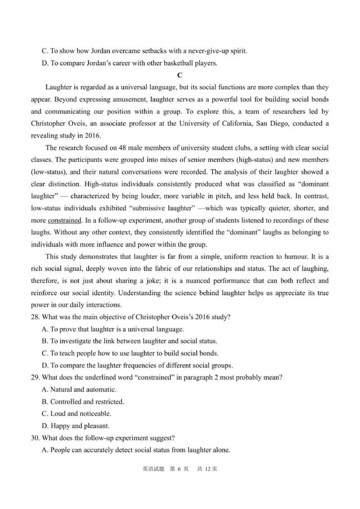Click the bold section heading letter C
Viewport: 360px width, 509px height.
[x=180, y=75]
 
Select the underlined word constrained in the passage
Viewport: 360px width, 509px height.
[x=65, y=221]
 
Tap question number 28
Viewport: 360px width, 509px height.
[x=36, y=317]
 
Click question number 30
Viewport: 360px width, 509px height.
[x=36, y=437]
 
